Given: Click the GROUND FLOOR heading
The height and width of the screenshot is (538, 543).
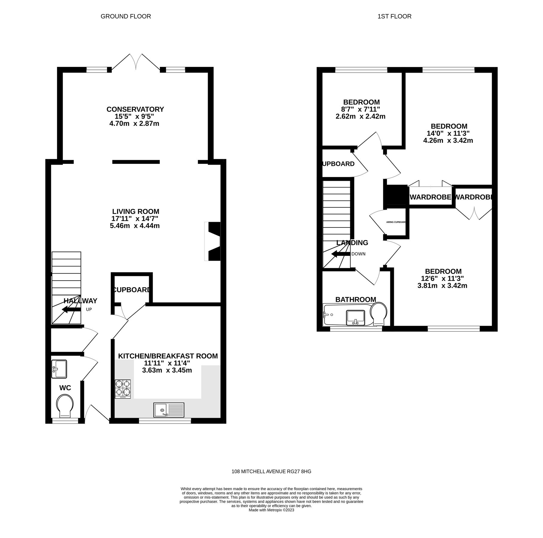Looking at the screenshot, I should click(126, 16).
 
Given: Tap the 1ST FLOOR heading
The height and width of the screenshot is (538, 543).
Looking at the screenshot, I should click(394, 16).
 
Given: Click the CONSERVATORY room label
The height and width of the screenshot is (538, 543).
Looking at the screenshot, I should click(135, 109).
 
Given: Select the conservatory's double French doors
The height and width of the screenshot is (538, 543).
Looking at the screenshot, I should click(136, 62).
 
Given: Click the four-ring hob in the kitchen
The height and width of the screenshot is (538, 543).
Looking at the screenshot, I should click(123, 389).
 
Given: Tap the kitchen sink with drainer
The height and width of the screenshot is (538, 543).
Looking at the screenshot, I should click(169, 410).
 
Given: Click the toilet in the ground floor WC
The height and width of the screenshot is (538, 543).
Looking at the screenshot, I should click(65, 406).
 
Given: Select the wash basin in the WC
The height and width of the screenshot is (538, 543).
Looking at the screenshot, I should click(59, 369).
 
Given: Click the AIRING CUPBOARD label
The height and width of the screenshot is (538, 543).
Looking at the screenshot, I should click(396, 222).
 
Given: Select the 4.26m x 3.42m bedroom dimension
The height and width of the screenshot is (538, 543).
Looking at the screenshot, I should click(448, 140).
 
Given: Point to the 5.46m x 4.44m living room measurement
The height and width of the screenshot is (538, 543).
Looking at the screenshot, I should click(135, 226).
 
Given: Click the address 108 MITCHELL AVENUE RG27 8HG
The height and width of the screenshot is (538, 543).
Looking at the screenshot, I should click(271, 471).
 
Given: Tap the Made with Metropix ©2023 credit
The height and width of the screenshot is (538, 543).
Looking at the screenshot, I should click(271, 510).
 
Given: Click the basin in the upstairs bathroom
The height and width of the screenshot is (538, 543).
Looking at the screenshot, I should click(356, 317).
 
